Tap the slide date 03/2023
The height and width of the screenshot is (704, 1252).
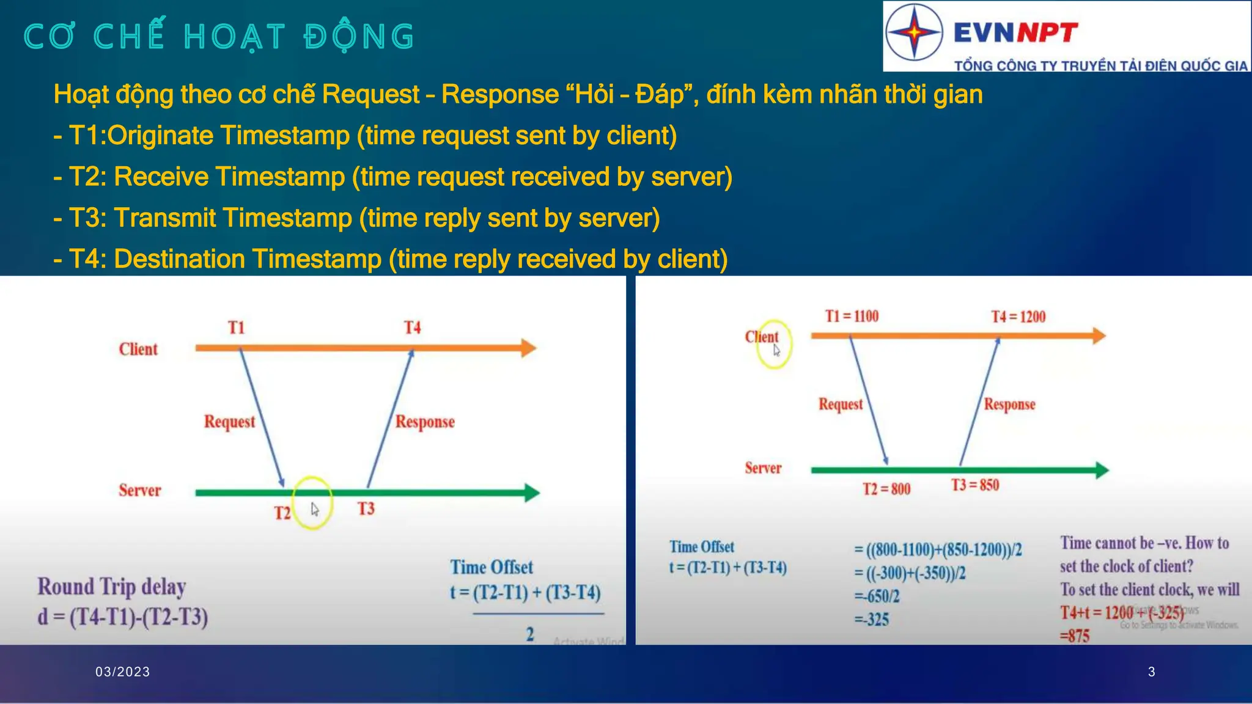click(x=123, y=672)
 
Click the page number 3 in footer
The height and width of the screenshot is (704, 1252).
click(x=1152, y=672)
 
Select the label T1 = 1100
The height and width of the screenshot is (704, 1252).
click(x=852, y=316)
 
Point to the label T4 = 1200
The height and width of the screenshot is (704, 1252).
click(x=1018, y=317)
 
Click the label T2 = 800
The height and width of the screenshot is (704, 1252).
click(x=886, y=489)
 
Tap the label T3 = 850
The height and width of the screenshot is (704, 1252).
click(x=975, y=485)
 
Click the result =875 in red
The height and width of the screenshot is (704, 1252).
click(x=1075, y=636)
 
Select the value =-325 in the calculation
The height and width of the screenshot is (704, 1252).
click(x=872, y=620)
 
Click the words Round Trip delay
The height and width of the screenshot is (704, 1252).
click(x=112, y=587)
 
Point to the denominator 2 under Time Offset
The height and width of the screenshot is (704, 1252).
click(x=530, y=634)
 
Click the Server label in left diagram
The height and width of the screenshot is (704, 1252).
click(x=140, y=490)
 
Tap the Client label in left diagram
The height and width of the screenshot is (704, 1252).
click(x=138, y=349)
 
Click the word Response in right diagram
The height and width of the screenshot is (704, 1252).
click(x=1009, y=405)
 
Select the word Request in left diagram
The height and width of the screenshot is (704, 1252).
click(x=229, y=422)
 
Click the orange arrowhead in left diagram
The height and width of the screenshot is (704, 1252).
click(x=528, y=348)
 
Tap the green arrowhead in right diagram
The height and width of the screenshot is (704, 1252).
click(x=1102, y=470)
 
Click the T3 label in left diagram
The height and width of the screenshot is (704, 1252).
click(x=366, y=508)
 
